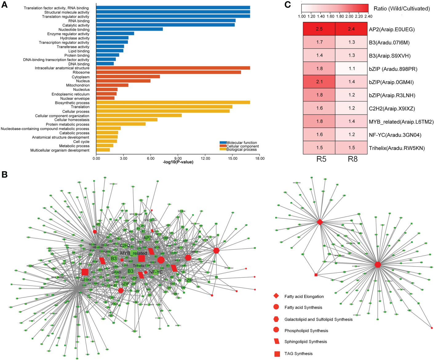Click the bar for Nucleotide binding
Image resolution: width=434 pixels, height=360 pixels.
tap(129, 29)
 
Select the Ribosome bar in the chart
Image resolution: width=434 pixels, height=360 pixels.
tap(168, 72)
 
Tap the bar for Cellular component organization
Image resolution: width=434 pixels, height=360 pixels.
tap(139, 116)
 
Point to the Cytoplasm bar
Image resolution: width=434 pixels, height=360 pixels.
tap(128, 77)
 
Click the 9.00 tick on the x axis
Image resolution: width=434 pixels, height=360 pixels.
tap(178, 158)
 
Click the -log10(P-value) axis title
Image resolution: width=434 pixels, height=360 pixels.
tap(178, 162)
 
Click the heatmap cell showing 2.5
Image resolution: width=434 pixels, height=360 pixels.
tap(319, 29)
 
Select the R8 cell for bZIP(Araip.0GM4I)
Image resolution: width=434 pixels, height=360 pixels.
tap(351, 82)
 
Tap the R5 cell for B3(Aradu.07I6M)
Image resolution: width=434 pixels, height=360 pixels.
tap(319, 42)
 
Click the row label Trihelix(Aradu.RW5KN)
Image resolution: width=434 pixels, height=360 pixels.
tap(396, 148)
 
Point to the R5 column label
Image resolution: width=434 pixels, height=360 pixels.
tap(319, 159)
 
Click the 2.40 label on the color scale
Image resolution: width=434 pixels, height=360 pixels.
tap(368, 16)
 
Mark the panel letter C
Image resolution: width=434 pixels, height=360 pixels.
tap(288, 5)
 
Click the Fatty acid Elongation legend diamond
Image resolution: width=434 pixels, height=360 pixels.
tap(276, 296)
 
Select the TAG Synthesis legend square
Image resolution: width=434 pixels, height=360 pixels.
tap(277, 354)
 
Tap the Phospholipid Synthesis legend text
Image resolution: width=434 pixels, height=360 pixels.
tap(306, 331)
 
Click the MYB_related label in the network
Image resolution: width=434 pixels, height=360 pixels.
tap(133, 253)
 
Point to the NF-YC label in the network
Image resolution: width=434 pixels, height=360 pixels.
tap(156, 272)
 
